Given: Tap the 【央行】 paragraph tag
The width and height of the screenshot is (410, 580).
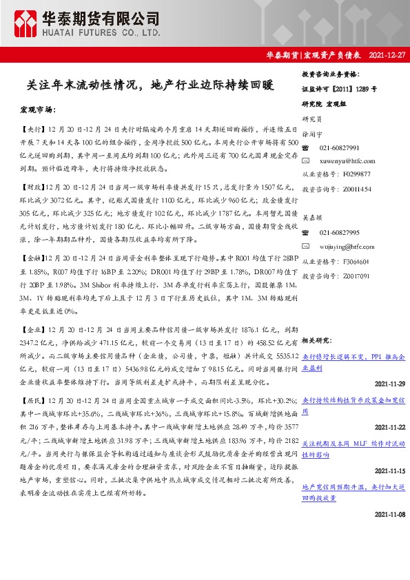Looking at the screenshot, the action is tap(32, 129).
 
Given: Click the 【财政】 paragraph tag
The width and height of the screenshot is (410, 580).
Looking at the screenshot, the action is tap(32, 187).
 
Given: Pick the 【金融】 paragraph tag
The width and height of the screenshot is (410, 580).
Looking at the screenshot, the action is tap(32, 257).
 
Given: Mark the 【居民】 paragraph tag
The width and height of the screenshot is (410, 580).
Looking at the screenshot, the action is tap(32, 401).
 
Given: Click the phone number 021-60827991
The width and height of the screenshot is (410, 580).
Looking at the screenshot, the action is tap(339, 148).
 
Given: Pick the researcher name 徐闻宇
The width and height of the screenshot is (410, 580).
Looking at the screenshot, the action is tap(312, 135).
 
